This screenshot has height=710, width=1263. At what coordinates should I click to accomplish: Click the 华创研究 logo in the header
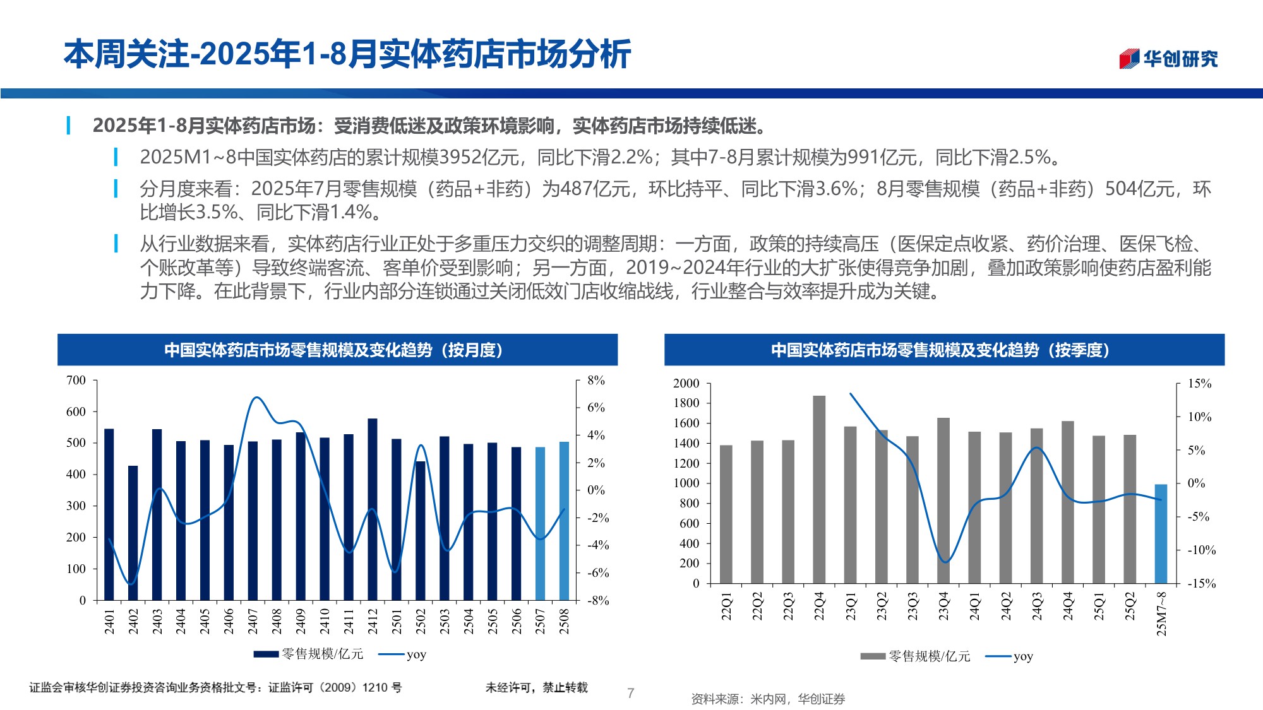click(1168, 59)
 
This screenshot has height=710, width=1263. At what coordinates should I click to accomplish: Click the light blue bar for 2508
click(564, 521)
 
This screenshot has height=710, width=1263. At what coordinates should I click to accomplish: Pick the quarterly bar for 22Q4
click(819, 489)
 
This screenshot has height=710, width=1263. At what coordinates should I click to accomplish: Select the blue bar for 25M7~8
click(1161, 533)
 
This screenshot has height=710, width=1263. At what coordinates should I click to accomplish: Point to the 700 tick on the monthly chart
click(76, 380)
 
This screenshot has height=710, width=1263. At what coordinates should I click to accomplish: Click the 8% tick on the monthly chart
click(596, 380)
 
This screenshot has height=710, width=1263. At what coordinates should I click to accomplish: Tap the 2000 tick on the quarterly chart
click(686, 383)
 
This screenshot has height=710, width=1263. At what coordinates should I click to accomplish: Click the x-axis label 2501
click(397, 621)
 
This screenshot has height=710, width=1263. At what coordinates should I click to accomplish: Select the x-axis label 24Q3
click(1037, 606)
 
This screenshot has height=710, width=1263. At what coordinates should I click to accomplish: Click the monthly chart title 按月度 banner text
click(333, 350)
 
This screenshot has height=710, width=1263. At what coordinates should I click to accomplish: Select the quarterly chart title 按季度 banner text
click(940, 350)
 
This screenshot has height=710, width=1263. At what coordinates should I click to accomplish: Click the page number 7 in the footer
click(630, 693)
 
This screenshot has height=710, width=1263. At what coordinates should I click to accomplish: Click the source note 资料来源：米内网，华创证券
click(768, 699)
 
